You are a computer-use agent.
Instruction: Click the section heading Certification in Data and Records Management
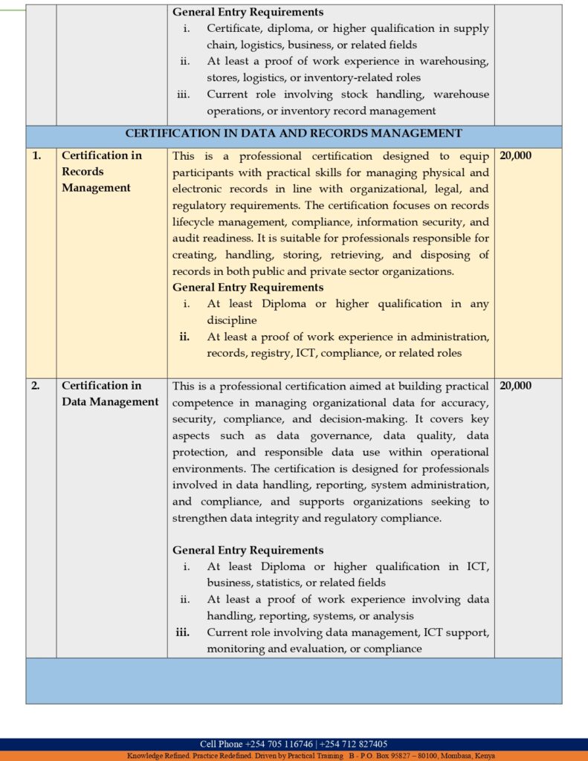(x=294, y=134)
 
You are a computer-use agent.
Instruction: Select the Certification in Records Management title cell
(x=101, y=172)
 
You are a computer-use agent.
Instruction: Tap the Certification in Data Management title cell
(x=109, y=394)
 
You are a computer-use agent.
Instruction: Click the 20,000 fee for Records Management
(x=516, y=156)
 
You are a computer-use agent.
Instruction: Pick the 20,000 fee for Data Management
(x=516, y=386)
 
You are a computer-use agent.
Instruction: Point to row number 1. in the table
(x=36, y=156)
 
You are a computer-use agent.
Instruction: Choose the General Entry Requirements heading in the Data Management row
(x=248, y=551)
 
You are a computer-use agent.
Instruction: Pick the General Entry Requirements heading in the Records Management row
(x=248, y=288)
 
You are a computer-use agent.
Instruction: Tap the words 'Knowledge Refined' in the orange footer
(x=155, y=756)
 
